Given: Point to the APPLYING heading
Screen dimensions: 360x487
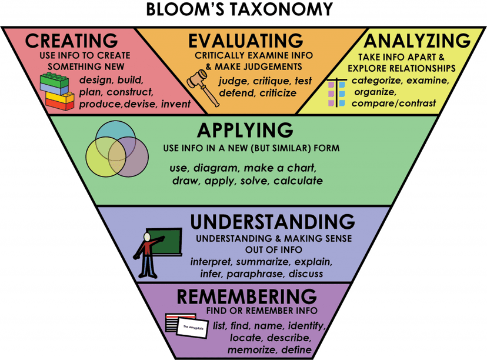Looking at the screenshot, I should tap(245, 130).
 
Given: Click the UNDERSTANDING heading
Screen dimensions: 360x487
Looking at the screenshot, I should tap(272, 222).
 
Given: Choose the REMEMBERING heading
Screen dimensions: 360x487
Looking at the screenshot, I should tap(251, 296).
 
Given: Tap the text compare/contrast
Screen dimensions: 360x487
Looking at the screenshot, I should tap(394, 104).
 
